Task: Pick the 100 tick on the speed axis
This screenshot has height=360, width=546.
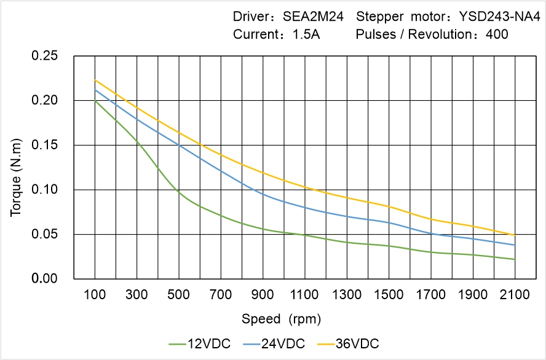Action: [x=95, y=295]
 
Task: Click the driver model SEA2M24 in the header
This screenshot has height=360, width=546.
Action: [x=313, y=16]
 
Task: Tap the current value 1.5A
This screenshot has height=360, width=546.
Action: [x=306, y=34]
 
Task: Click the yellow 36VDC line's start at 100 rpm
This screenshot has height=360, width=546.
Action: [x=95, y=80]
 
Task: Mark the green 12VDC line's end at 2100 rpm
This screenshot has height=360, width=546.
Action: [x=515, y=259]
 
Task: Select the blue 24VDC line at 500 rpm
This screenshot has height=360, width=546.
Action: [x=179, y=145]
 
